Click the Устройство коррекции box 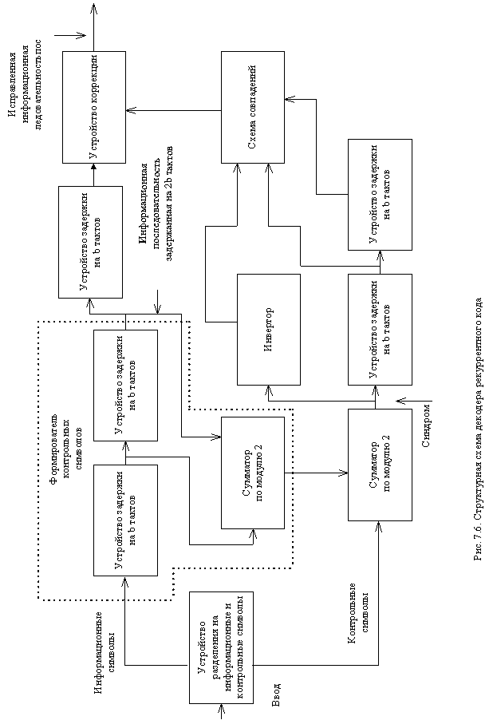coord(94,107)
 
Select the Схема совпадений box coord(253,107)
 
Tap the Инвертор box coord(269,329)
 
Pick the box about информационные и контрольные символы coord(221,647)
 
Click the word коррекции coord(94,85)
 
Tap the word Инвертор coord(269,329)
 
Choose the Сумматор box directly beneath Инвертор coord(253,473)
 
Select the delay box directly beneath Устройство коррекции coord(90,242)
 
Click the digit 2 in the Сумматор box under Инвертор coord(258,456)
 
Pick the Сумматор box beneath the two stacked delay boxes coord(380,465)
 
